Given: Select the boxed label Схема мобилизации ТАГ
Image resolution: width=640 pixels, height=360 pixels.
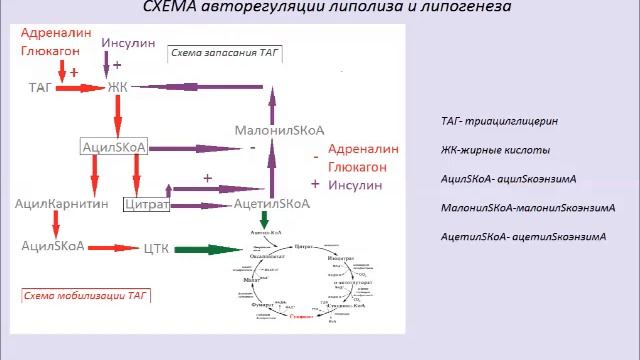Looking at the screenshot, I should coord(71,295).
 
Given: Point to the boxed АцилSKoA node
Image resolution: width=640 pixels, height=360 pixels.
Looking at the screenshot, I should coord(114,147).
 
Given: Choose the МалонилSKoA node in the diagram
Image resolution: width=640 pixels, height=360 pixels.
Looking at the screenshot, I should coord(273,131).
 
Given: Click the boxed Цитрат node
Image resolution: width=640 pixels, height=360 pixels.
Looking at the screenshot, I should coord(146,204).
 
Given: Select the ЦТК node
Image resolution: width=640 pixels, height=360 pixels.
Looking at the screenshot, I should coord(158,247).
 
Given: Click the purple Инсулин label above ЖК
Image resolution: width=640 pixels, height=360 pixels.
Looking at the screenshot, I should coord(127,45).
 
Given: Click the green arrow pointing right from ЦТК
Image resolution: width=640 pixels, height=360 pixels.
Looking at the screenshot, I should coord(212,248).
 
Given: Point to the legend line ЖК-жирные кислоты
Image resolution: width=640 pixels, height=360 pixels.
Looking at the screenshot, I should coord(494,150).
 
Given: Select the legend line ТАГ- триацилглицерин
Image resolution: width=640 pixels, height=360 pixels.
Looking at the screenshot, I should coord(499,121).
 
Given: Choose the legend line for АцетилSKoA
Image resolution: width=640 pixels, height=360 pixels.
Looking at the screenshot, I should coord(523,237).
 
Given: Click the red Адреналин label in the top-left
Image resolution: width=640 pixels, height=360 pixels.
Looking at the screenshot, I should coord(55,32).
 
